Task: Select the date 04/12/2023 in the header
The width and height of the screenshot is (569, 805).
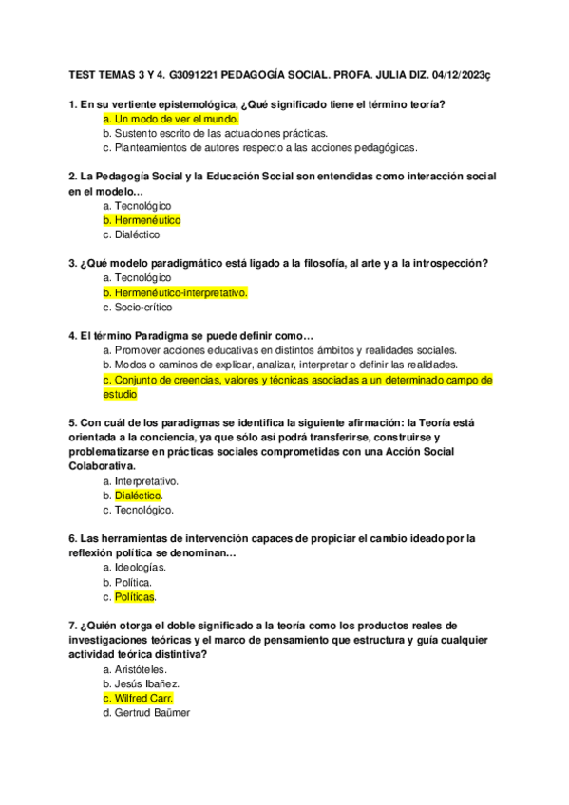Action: (x=462, y=72)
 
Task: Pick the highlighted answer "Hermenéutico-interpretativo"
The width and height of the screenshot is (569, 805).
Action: (x=180, y=292)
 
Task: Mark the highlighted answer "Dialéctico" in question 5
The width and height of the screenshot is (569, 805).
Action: (x=139, y=496)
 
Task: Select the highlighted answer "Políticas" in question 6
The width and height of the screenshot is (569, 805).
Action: (x=135, y=597)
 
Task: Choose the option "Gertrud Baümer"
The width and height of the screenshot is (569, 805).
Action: (x=152, y=713)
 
